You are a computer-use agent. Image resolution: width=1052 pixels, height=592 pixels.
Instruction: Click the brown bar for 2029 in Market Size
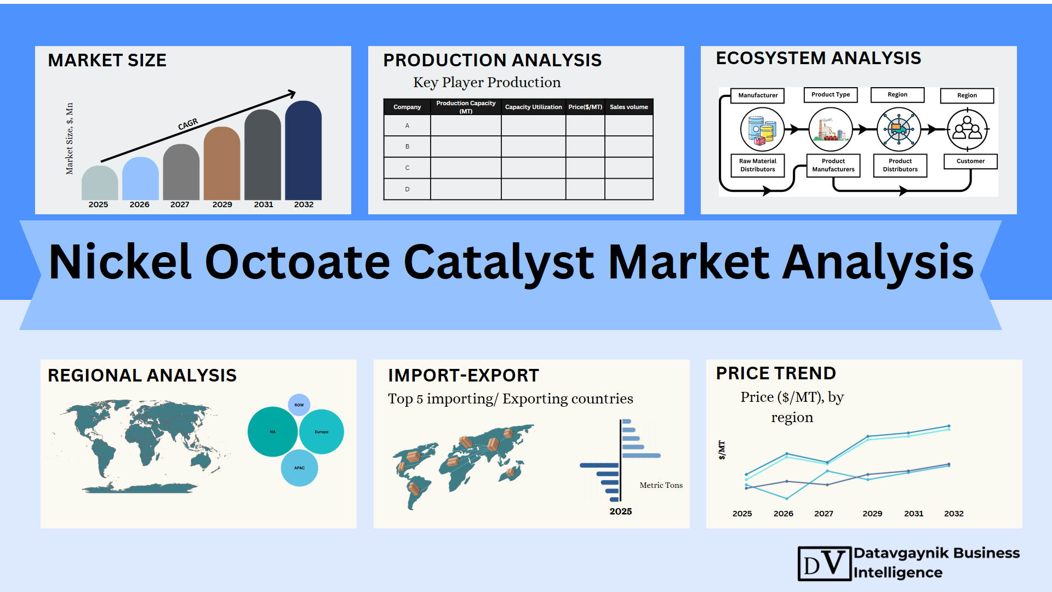222,164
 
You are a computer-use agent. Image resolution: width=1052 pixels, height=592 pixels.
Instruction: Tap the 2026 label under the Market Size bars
139,204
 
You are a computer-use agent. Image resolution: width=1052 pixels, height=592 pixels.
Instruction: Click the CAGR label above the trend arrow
188,124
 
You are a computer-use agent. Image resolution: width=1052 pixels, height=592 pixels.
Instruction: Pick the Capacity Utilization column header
533,107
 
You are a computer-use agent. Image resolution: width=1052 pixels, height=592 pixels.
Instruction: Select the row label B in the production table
407,147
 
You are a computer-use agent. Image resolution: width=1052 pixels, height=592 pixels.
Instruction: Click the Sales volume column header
628,107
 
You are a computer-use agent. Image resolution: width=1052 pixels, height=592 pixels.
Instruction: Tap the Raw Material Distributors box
758,166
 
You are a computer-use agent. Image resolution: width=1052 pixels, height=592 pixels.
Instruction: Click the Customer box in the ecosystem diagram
970,161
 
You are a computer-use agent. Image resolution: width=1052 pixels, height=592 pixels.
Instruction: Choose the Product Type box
831,95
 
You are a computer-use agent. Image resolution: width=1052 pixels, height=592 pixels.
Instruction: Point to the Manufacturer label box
758,95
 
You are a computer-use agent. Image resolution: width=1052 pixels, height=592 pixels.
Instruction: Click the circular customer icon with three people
968,130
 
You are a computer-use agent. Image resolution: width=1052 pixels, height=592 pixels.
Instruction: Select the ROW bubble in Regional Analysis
299,405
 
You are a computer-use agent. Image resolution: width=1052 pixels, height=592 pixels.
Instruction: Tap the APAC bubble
299,468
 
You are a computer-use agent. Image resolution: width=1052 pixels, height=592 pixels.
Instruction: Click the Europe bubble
322,432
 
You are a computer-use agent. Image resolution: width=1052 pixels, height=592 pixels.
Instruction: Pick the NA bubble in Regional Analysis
272,432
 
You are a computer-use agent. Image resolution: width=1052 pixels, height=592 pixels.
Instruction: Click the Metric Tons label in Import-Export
661,485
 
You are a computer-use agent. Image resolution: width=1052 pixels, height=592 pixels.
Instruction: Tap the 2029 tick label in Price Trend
872,514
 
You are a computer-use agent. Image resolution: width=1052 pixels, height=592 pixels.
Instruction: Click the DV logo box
825,563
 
